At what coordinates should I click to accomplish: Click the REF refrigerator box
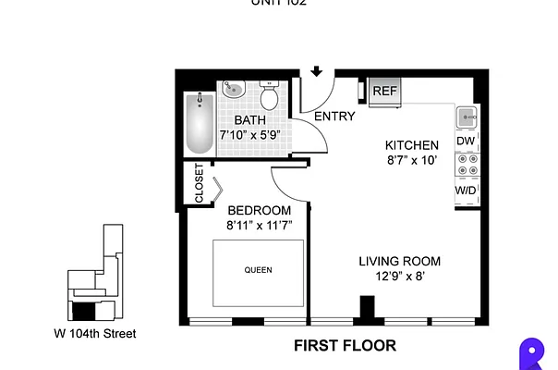pyautogui.click(x=383, y=91)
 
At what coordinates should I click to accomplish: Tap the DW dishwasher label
pyautogui.click(x=465, y=141)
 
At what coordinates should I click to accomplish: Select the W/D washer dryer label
pyautogui.click(x=465, y=190)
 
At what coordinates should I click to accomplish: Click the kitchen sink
pyautogui.click(x=465, y=117)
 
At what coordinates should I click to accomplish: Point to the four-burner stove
pyautogui.click(x=465, y=165)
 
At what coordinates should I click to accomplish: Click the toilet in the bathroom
pyautogui.click(x=270, y=96)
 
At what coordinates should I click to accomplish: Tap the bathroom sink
pyautogui.click(x=232, y=92)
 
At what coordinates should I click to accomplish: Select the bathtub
pyautogui.click(x=198, y=123)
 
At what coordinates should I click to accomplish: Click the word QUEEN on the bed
pyautogui.click(x=259, y=271)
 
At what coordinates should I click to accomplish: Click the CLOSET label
pyautogui.click(x=200, y=183)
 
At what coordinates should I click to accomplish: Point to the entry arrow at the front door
pyautogui.click(x=316, y=71)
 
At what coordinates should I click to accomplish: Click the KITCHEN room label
pyautogui.click(x=411, y=145)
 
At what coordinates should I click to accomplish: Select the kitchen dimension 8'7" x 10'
pyautogui.click(x=411, y=160)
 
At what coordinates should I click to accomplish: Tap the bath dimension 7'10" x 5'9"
pyautogui.click(x=249, y=135)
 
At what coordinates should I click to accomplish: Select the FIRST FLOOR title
pyautogui.click(x=345, y=346)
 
